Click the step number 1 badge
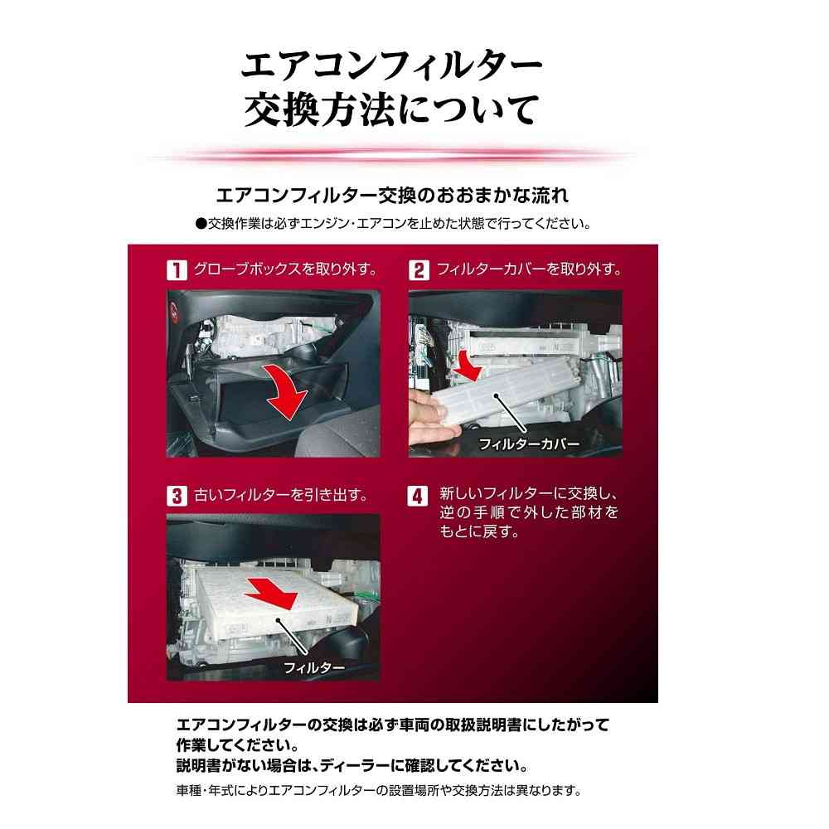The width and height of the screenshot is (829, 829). point(177,269)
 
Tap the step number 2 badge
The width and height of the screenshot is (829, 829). point(418,269)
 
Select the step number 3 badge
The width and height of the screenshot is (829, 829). point(177,496)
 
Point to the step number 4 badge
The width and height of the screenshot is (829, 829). point(418,496)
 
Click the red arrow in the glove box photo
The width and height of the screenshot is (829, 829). point(285,390)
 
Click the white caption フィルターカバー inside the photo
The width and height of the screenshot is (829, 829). point(529,444)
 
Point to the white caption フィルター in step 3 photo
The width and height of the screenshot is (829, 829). point(314,667)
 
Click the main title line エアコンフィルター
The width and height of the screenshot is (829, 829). point(391,65)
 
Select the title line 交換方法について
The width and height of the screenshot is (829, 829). point(391,110)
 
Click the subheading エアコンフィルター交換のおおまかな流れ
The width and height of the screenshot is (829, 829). point(392,196)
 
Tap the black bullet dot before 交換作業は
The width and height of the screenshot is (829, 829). point(201,224)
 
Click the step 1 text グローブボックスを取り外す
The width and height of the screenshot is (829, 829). point(285,269)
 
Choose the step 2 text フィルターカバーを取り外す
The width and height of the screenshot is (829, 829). point(529,269)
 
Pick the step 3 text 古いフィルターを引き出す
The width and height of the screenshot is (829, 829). point(281,496)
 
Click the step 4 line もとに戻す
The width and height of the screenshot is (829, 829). point(480,531)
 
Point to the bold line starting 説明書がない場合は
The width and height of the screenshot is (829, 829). point(352,765)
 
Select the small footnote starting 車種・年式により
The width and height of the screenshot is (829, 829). point(379,791)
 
